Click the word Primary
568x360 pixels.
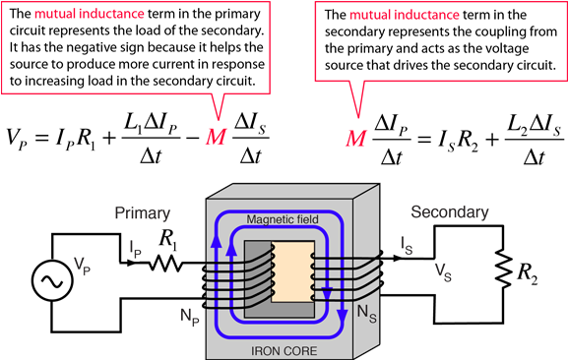coord(142,213)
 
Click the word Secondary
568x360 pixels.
coord(449,212)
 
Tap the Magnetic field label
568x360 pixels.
coord(283,219)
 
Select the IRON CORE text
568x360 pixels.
coord(283,348)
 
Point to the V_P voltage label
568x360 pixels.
coord(82,265)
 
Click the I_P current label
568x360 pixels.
coord(136,249)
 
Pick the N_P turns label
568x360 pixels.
coord(190,316)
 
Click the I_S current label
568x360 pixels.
coord(407,243)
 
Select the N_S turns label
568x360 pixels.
coord(365,313)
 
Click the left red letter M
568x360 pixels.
coord(216,137)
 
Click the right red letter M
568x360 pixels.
coord(355,139)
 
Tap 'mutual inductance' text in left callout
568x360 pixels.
coord(90,15)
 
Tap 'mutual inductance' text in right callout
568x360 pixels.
coord(405,16)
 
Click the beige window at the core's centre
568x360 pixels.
coord(292,270)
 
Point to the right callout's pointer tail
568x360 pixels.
coord(356,98)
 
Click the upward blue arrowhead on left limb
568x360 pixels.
coord(230,250)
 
